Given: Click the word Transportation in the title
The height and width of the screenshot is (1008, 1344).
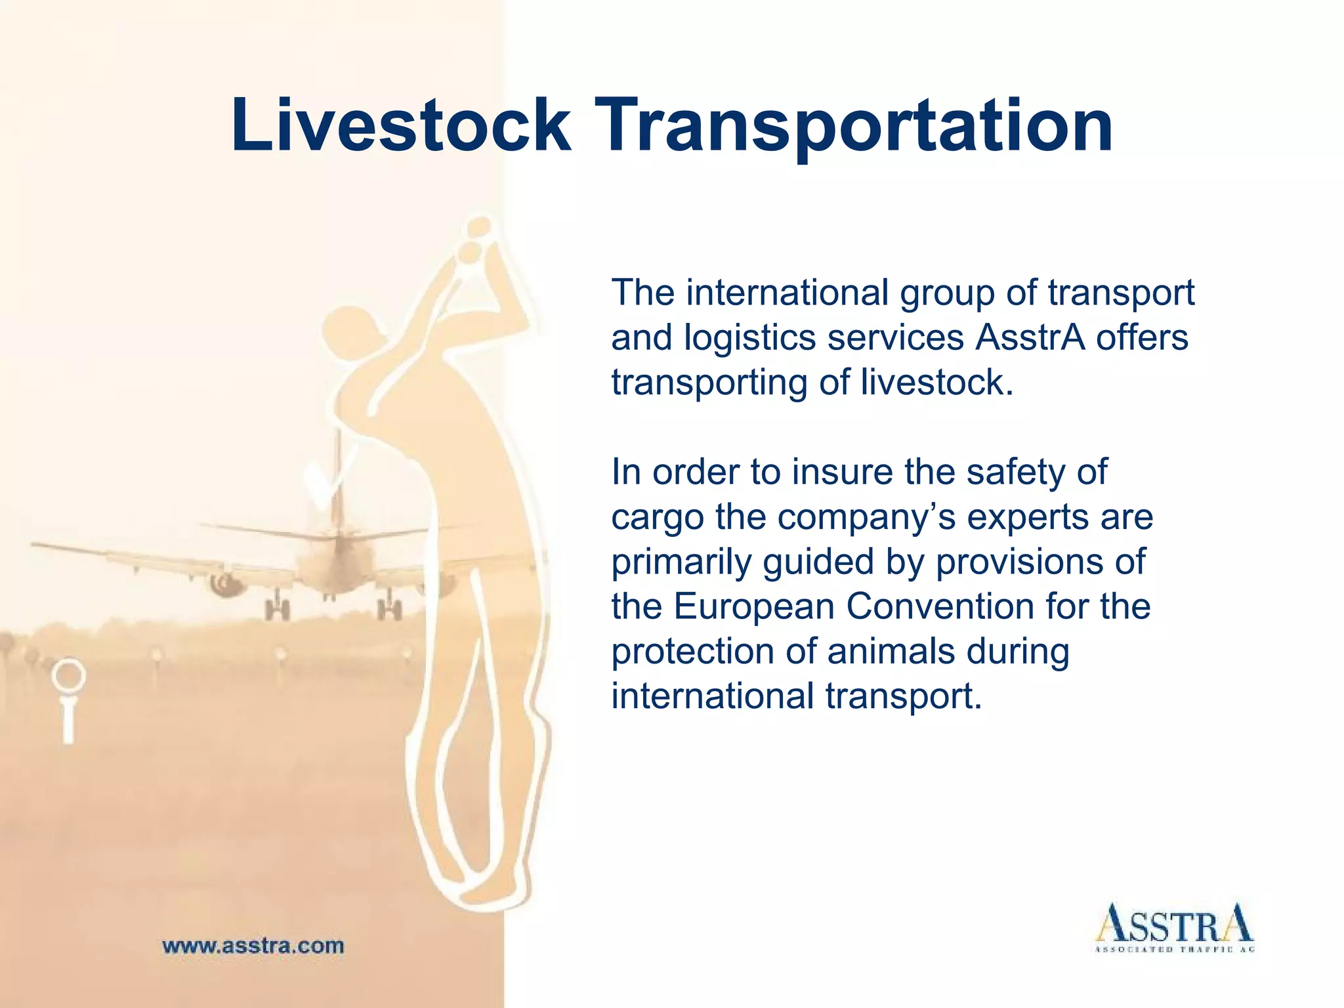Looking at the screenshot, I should [x=856, y=126].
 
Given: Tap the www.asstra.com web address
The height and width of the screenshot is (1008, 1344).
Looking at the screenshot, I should [x=253, y=946].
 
